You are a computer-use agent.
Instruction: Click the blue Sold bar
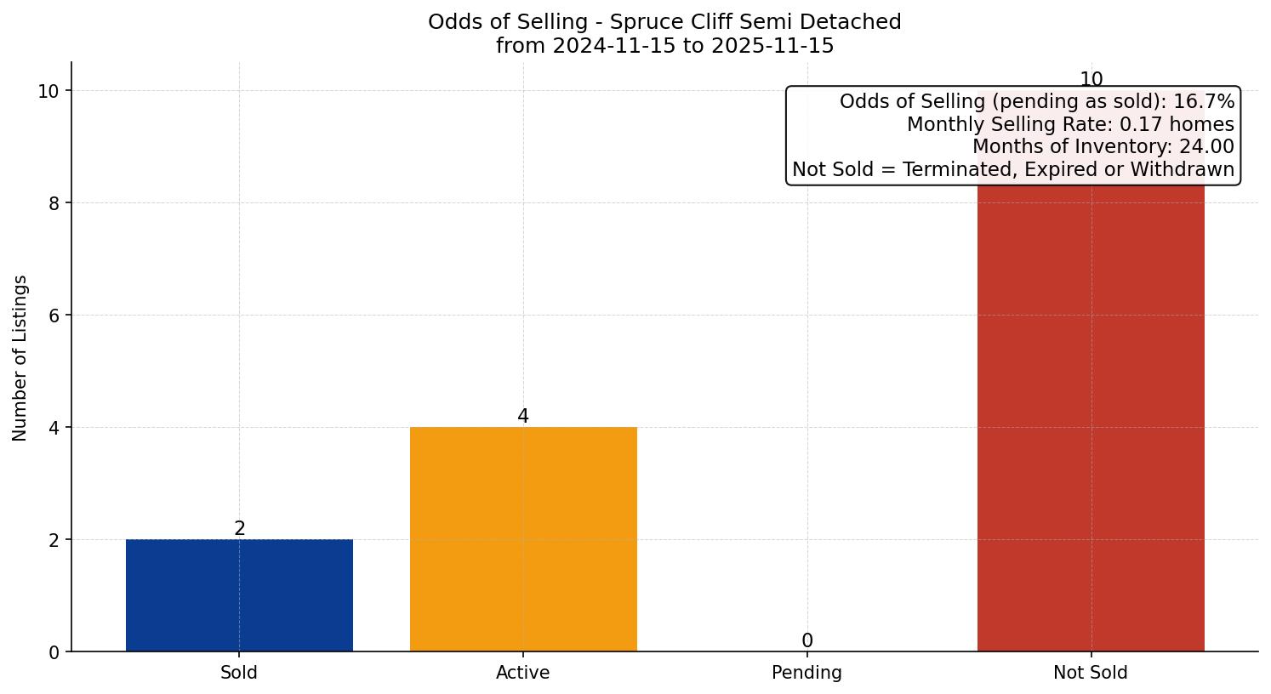tap(239, 595)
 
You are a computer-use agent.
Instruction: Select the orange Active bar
tap(523, 539)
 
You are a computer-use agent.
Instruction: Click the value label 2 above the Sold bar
tap(240, 529)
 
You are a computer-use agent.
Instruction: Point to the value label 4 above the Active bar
tap(523, 417)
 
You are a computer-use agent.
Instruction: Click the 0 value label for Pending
tap(807, 641)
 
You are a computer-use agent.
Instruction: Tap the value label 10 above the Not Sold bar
tap(1091, 80)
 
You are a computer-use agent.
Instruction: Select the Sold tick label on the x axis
tap(239, 673)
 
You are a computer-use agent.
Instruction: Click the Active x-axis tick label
tap(523, 673)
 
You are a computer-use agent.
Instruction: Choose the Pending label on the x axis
tap(806, 673)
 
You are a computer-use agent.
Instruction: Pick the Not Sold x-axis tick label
tap(1091, 673)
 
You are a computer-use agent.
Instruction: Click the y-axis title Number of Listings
tap(20, 357)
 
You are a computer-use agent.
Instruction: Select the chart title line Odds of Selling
tap(664, 22)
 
